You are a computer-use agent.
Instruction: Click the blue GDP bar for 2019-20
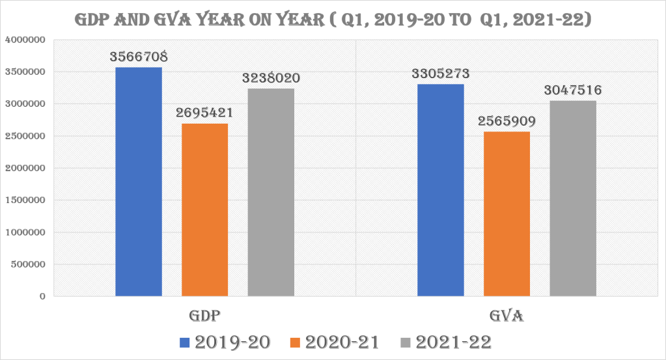pyautogui.click(x=139, y=182)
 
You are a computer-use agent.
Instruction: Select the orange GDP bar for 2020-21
pyautogui.click(x=205, y=210)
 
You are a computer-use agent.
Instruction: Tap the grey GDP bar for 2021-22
pyautogui.click(x=271, y=192)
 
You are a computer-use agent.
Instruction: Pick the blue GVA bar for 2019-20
pyautogui.click(x=441, y=190)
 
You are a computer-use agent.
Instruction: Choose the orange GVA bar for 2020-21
pyautogui.click(x=506, y=214)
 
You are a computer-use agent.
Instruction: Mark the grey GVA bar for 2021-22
pyautogui.click(x=573, y=199)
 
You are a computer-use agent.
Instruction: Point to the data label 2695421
pyautogui.click(x=204, y=112)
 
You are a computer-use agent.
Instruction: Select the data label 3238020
pyautogui.click(x=271, y=77)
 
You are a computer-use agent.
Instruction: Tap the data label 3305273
pyautogui.click(x=441, y=73)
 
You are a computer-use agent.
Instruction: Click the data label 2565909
pyautogui.click(x=506, y=120)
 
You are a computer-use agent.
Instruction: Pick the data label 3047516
pyautogui.click(x=573, y=90)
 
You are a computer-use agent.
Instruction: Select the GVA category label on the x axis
pyautogui.click(x=506, y=316)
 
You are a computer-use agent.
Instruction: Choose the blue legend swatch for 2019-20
pyautogui.click(x=184, y=342)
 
